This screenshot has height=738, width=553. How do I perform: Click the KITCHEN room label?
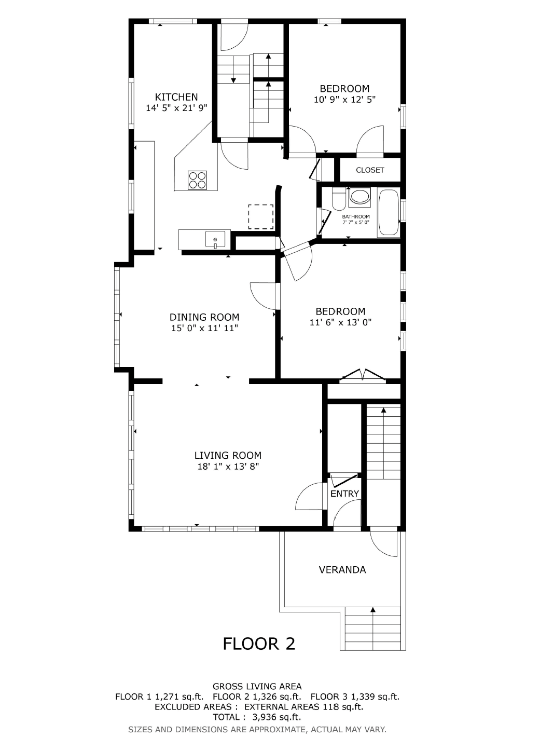[176, 97]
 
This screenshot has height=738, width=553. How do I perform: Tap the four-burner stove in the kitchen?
[197, 180]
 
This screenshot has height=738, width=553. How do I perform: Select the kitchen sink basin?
[215, 239]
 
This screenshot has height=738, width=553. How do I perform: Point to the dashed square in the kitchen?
[261, 217]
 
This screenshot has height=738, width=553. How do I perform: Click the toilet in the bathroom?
[339, 199]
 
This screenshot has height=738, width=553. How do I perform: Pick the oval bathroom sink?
[359, 197]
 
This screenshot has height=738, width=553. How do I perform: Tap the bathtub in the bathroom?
[389, 212]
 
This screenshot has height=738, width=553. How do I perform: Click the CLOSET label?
[370, 170]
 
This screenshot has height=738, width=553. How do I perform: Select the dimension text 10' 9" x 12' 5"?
[344, 100]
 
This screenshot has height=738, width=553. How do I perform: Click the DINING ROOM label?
[204, 317]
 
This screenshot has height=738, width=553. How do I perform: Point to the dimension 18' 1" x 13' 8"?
[228, 467]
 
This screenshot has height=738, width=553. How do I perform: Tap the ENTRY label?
[344, 494]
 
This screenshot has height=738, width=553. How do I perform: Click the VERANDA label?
[342, 570]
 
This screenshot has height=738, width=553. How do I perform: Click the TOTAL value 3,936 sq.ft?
[276, 717]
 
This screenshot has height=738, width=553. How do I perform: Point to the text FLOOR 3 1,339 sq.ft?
[355, 696]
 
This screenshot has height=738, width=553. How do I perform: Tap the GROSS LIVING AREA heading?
[257, 686]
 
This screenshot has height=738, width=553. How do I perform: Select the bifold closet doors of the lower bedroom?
[363, 376]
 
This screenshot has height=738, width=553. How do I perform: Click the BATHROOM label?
[356, 217]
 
